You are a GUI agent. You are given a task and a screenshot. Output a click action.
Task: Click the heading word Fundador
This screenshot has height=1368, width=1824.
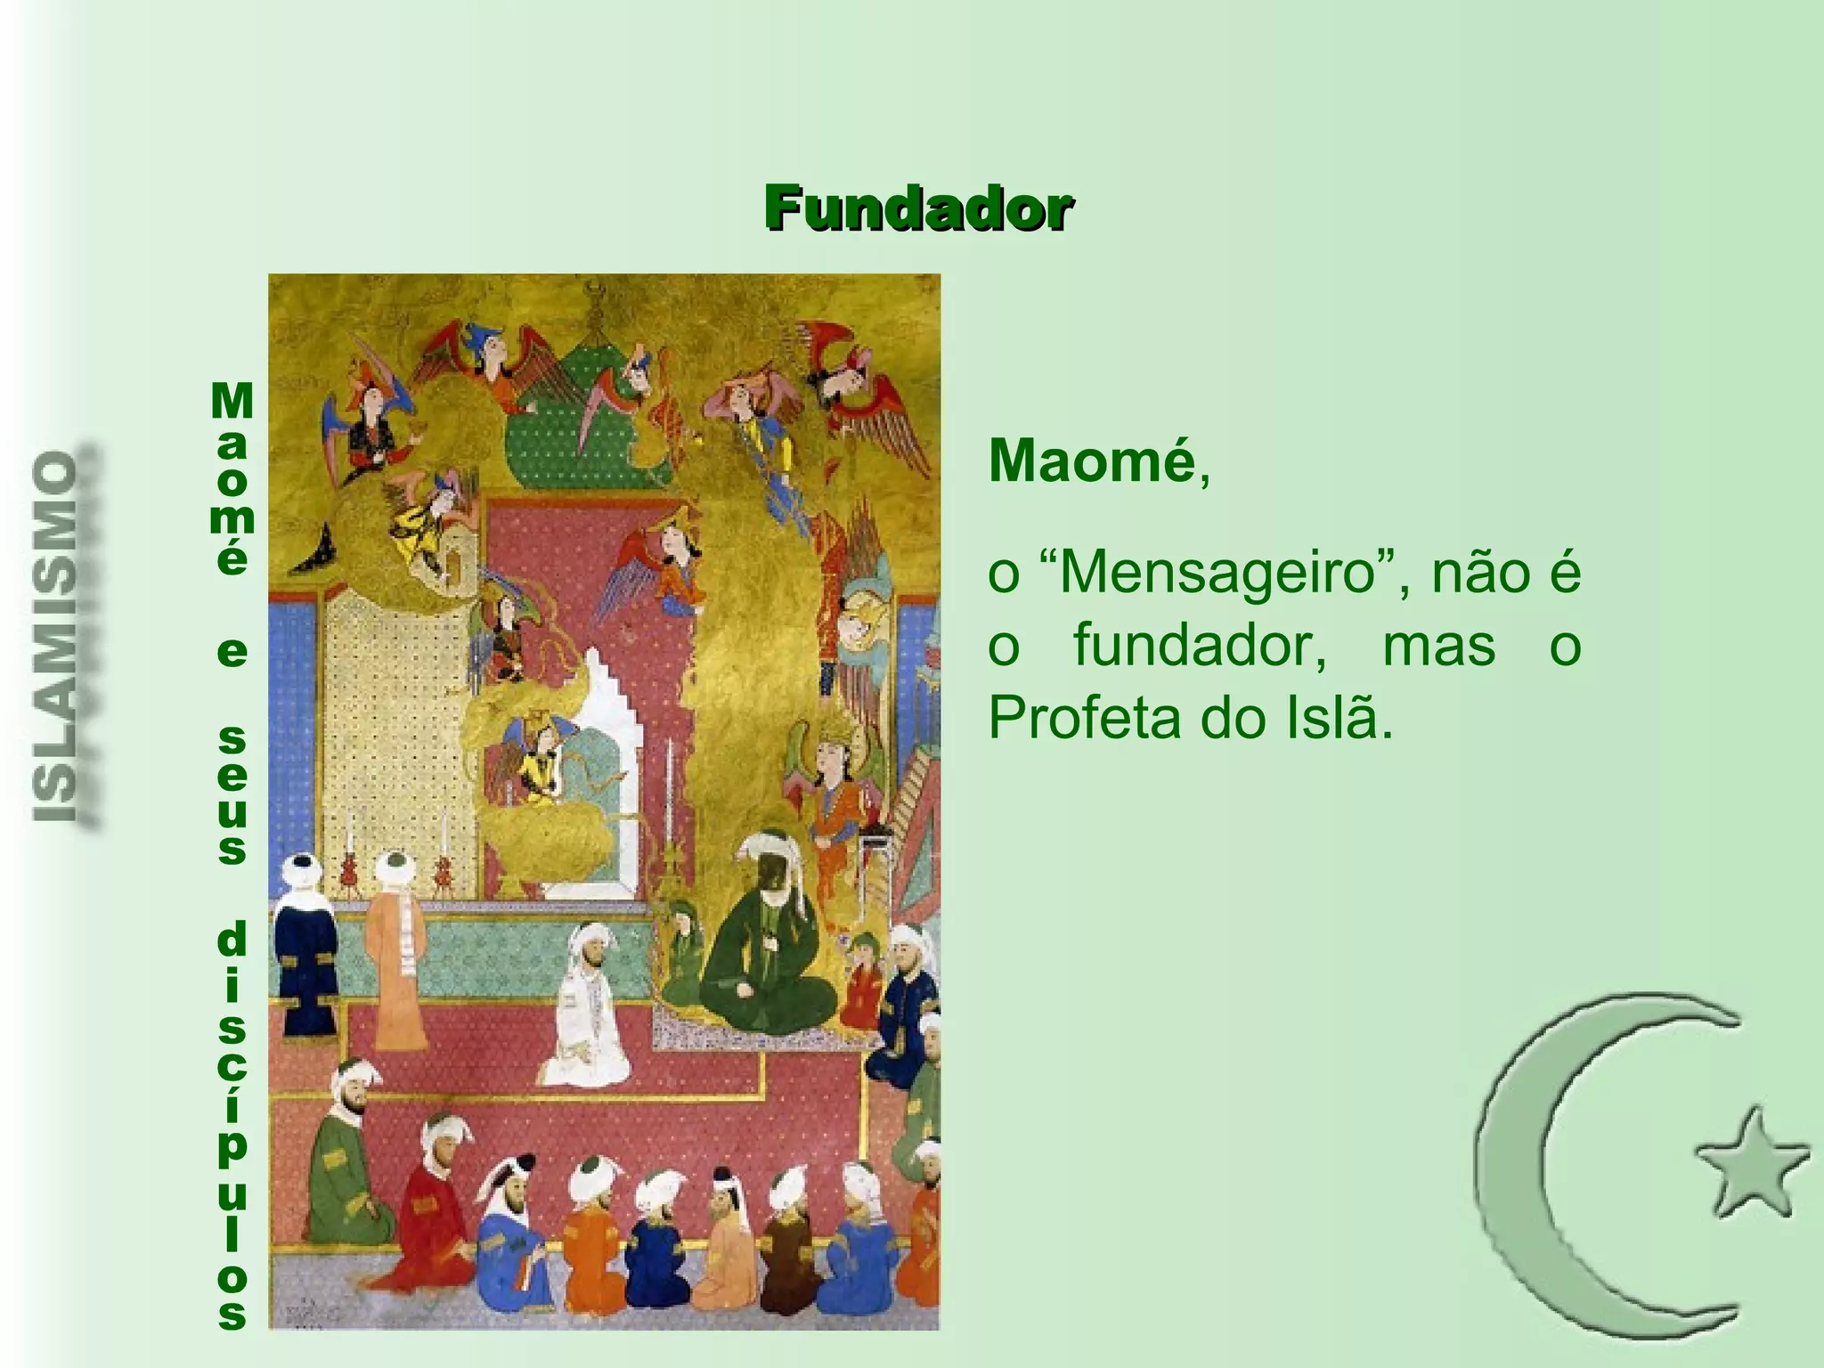pos(917,210)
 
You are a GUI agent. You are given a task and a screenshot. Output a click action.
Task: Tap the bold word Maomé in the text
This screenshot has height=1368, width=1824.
pos(1090,461)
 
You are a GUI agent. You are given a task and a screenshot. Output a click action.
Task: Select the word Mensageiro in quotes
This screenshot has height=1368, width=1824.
pos(1215,573)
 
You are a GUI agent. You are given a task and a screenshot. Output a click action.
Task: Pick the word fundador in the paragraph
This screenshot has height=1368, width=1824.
pos(1198,645)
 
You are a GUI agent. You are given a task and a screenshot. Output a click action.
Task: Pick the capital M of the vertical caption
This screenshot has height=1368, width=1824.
pos(232,403)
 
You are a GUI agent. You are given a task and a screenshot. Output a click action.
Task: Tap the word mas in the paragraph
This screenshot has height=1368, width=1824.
pos(1438,645)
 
